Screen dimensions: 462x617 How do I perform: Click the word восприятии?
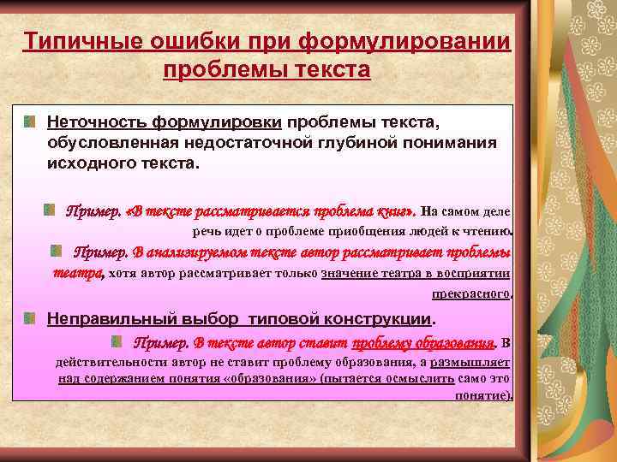pyautogui.click(x=474, y=273)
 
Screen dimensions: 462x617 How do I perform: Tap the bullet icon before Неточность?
pyautogui.click(x=30, y=122)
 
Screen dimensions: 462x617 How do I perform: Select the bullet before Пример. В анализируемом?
pyautogui.click(x=56, y=251)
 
